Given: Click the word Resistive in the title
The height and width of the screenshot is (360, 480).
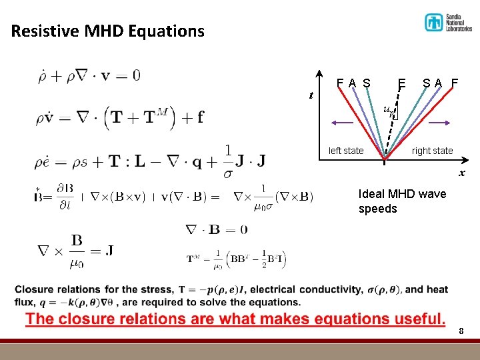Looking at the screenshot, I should coord(42,31).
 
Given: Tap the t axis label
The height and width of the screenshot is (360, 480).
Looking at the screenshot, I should coord(311,95).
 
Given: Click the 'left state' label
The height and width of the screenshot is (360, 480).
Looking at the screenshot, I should coord(346,151).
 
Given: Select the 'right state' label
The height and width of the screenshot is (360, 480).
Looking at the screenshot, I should coord(432,151).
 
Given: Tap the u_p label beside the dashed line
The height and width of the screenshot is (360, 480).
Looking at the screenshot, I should coord(390,111).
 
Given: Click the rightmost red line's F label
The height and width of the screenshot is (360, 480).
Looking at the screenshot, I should coord(455,83).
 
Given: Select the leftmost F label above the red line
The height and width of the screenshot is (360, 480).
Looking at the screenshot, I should coord(340,83).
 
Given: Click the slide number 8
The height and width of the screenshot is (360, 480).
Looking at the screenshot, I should coord(461,331).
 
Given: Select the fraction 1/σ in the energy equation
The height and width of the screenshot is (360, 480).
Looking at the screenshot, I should coord(228,161).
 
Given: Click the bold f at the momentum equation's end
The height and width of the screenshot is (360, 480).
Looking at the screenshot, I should coord(200,118).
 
